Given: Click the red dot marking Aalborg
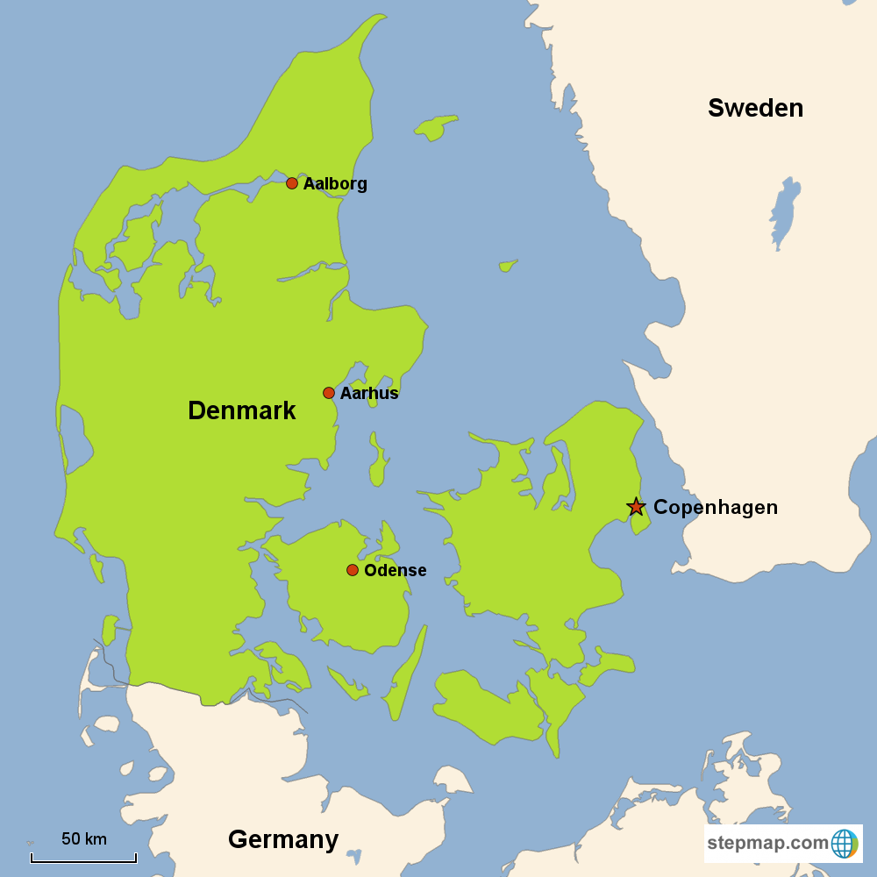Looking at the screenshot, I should (292, 183).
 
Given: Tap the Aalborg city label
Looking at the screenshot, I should (335, 184).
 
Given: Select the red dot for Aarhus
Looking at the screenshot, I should (329, 393).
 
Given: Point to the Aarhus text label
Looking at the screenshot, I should (369, 394).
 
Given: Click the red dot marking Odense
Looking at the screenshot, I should (353, 570).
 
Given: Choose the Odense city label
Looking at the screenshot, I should (395, 571).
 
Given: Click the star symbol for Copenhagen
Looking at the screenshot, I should (636, 507).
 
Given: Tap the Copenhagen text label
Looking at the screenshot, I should (716, 508).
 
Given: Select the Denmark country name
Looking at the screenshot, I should (242, 410).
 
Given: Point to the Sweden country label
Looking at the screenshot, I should (755, 108).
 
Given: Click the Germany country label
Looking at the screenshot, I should (283, 839).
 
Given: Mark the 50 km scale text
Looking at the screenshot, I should (84, 839).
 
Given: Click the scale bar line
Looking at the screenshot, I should (83, 860).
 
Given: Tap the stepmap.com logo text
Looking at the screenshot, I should (767, 844).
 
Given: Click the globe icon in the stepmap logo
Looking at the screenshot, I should (844, 844).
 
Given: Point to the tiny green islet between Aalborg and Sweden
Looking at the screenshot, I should (508, 265).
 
